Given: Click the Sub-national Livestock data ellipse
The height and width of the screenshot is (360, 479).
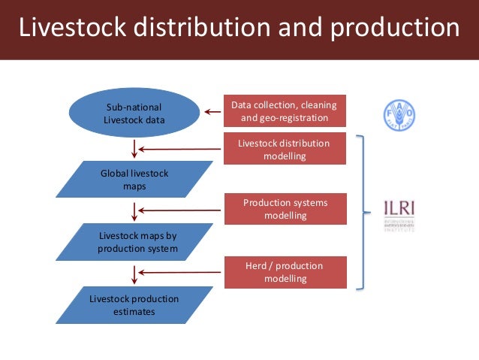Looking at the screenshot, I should pos(134,113).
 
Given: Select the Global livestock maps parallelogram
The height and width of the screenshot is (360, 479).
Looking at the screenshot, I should pos(134,180).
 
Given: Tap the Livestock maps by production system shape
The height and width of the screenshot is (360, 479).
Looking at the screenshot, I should pos(134,242).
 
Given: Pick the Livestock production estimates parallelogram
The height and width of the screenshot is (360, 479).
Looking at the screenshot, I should pos(134,304).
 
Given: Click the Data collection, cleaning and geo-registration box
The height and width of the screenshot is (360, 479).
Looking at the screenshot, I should pos(285,111).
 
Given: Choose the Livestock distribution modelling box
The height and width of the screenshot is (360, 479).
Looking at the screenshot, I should pos(285,150).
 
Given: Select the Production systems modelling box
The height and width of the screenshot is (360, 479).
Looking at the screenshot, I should pos(285,209).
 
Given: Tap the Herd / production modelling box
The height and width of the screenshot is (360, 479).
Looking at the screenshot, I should pos(285,272).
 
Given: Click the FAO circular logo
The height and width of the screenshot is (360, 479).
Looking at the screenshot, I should pos(398,114).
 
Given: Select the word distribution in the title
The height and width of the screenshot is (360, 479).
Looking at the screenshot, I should pos(194,28).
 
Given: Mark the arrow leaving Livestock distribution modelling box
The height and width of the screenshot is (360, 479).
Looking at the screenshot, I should pos(180,149).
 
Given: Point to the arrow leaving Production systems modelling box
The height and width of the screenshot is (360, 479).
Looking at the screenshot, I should pos(180,210).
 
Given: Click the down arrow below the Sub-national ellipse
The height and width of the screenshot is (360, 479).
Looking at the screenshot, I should pos(134,149).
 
